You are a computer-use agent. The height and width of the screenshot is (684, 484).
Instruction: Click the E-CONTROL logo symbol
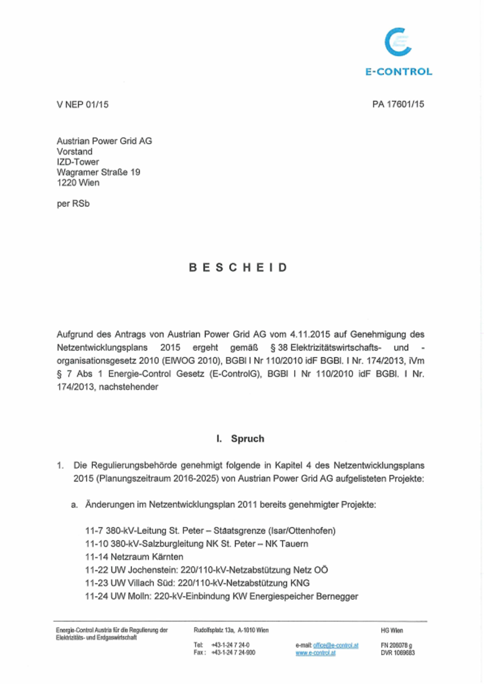click(x=398, y=42)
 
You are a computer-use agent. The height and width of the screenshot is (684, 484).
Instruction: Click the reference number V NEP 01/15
click(x=82, y=105)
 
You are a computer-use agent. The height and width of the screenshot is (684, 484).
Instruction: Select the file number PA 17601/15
click(x=398, y=104)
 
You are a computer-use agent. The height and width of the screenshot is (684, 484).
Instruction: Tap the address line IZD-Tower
click(x=78, y=162)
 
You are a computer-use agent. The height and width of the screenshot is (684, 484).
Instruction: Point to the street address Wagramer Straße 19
click(x=98, y=172)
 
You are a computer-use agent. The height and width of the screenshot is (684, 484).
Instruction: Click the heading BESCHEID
click(x=238, y=268)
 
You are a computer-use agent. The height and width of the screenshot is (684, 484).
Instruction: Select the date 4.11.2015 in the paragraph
click(x=310, y=334)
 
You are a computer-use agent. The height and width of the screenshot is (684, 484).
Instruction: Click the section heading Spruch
click(x=247, y=439)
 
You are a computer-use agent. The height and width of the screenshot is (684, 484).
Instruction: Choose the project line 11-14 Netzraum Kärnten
click(x=134, y=557)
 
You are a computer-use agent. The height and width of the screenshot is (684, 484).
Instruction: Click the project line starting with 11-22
click(x=206, y=570)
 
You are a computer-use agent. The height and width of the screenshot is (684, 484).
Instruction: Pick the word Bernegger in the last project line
click(x=337, y=596)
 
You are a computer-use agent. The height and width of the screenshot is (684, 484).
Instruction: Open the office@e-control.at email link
click(x=335, y=645)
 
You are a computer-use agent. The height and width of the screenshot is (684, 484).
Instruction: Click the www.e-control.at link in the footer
click(x=316, y=653)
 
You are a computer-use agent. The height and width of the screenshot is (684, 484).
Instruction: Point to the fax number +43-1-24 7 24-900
click(x=233, y=653)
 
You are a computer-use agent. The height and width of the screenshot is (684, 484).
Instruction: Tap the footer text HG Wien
click(x=392, y=630)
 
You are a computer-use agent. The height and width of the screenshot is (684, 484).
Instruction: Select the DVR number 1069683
click(x=397, y=653)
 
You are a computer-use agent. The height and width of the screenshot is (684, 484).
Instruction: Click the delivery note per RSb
click(x=73, y=204)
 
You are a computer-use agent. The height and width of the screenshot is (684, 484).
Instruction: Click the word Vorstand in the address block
click(x=75, y=152)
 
